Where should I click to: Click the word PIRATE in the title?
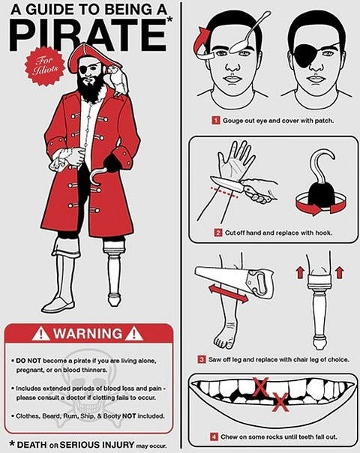(88, 34)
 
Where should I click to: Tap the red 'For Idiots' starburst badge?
(45, 66)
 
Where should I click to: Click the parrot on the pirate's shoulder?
(118, 80)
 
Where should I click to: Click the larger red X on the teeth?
(260, 387)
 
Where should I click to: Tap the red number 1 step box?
(215, 120)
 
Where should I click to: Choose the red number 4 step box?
(214, 436)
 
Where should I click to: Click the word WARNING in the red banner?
(88, 334)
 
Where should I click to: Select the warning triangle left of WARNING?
(40, 333)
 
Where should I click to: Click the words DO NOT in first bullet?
(28, 361)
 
